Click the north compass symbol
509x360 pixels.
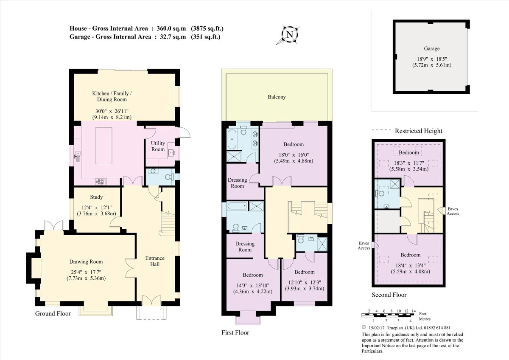click(290, 35)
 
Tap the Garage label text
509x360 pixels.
click(431, 48)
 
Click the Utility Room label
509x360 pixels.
click(158, 146)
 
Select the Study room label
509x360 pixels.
click(96, 197)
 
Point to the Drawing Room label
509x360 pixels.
click(86, 262)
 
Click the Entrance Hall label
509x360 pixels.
click(155, 261)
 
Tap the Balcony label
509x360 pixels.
click(277, 97)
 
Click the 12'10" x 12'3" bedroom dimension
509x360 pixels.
click(304, 285)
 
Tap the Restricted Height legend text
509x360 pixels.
click(418, 131)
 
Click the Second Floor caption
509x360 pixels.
click(389, 295)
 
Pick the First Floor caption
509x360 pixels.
click(235, 332)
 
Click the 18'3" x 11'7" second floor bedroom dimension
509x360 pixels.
click(408, 166)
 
